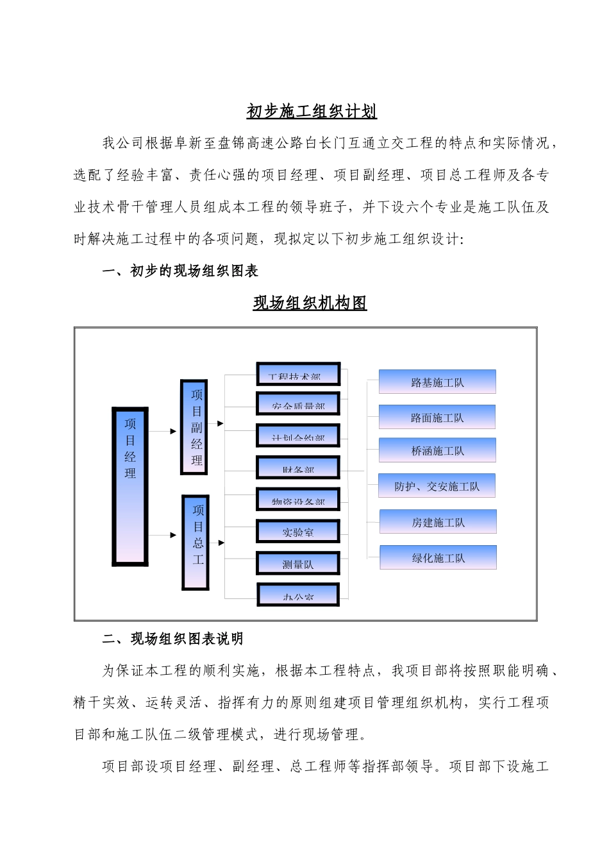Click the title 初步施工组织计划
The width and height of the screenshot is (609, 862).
[312, 112]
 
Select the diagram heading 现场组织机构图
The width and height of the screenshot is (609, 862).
[310, 303]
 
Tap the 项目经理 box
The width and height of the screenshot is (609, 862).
[130, 486]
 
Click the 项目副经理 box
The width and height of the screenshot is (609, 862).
[194, 427]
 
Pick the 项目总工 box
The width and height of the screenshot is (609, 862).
[196, 543]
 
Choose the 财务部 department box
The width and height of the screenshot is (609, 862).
[298, 468]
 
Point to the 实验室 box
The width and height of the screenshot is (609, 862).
[298, 532]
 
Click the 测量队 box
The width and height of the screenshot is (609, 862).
[298, 564]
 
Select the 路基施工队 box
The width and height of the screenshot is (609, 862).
[437, 382]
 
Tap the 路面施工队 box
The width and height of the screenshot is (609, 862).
[437, 417]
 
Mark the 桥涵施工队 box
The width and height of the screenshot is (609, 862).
[437, 450]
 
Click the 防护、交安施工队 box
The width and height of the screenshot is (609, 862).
[437, 486]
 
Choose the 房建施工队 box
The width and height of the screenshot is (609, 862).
[438, 521]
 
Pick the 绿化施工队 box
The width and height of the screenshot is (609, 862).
[438, 557]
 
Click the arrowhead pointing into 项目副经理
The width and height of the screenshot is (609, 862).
[173, 431]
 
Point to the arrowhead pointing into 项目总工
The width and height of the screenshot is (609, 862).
[173, 535]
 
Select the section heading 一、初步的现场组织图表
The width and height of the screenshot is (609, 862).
[180, 271]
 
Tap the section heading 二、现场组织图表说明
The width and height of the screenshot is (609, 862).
[172, 639]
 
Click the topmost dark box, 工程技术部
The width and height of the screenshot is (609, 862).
[298, 374]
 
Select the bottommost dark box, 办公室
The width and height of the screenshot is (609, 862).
[298, 595]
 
